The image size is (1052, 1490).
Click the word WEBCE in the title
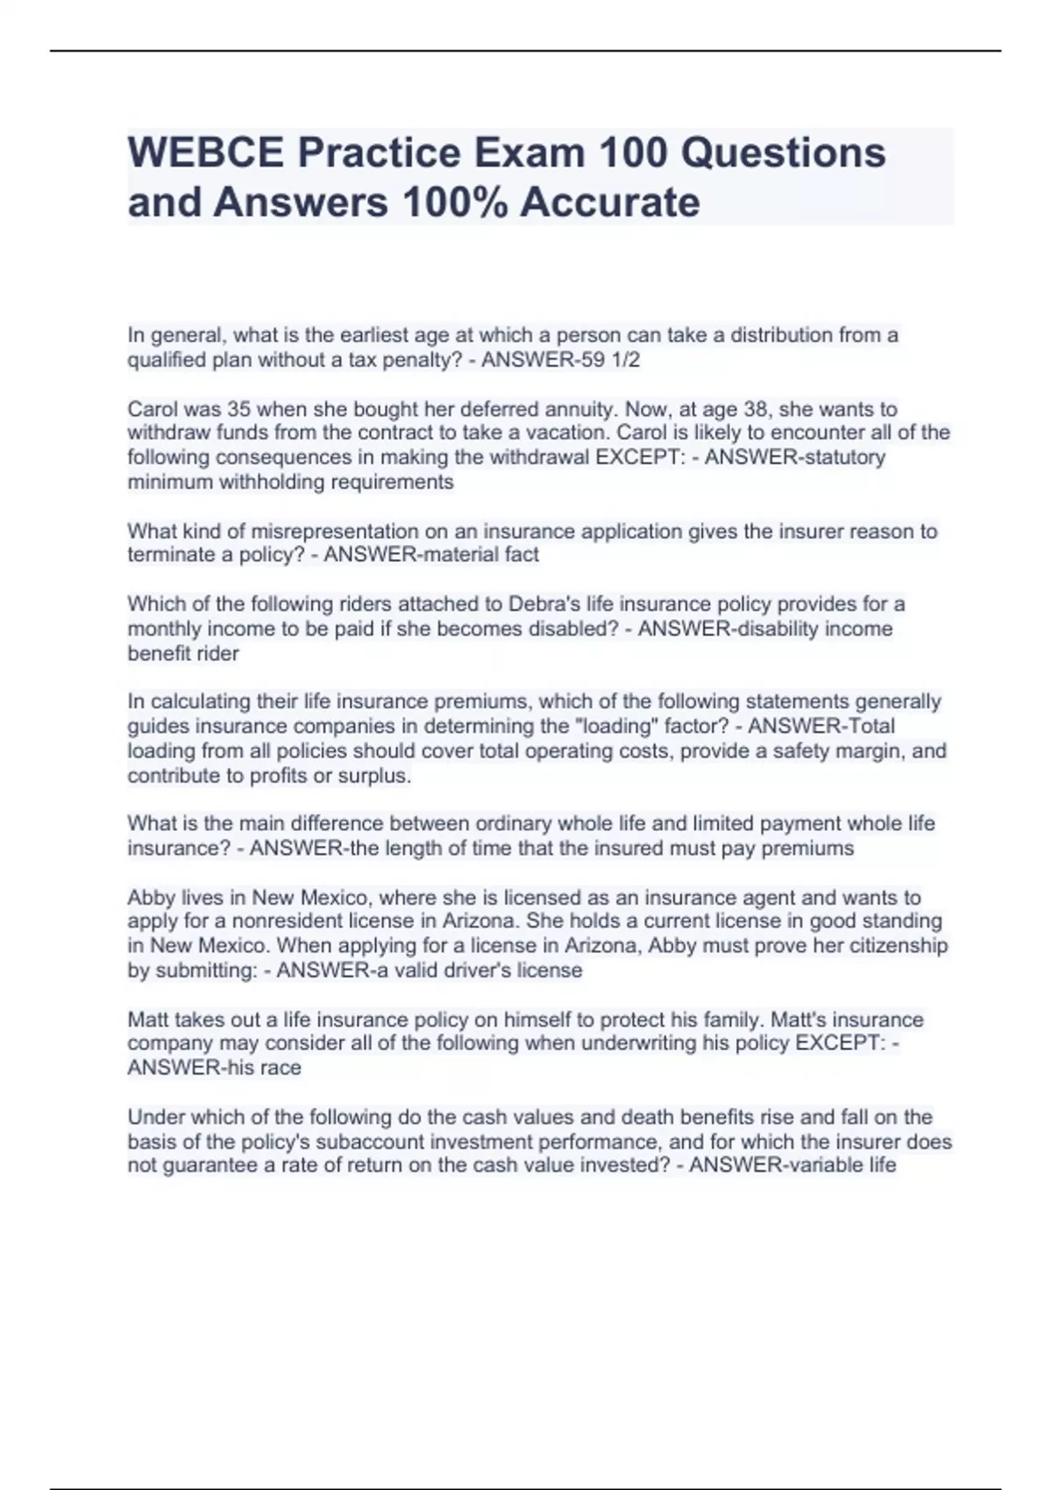click(206, 153)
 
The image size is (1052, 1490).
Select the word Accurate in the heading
click(610, 202)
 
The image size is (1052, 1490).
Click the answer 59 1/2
click(606, 360)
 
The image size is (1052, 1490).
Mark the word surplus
click(379, 776)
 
